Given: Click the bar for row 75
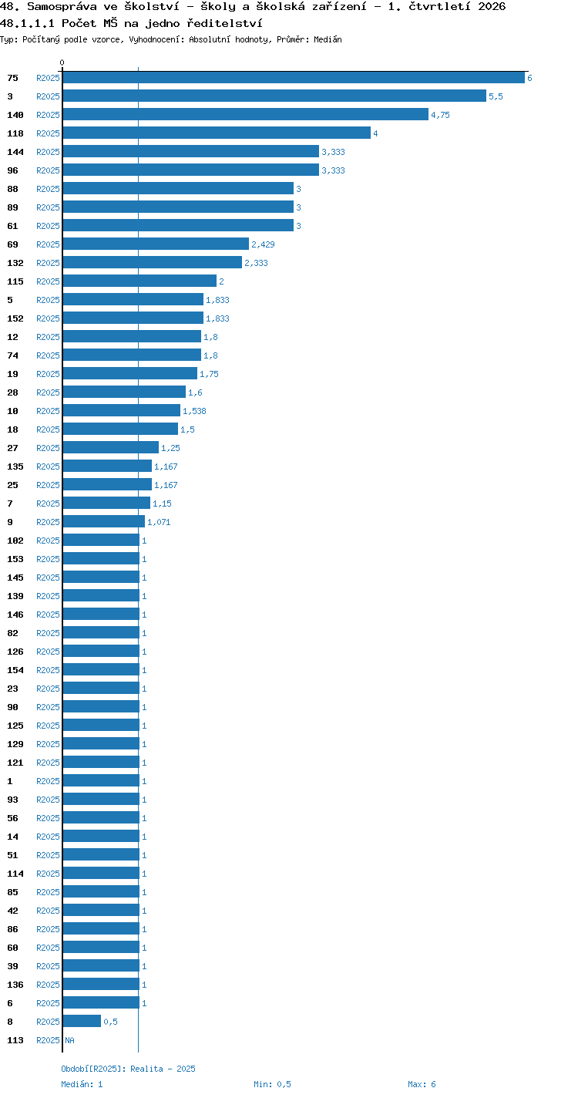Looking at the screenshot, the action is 294,77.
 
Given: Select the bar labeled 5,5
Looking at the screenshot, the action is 275,96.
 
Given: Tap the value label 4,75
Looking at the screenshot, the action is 440,115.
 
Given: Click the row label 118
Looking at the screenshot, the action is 15,133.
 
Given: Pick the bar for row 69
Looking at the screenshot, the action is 156,244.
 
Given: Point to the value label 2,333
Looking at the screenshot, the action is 256,263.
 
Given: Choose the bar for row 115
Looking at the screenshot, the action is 139,281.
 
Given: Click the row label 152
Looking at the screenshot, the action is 15,318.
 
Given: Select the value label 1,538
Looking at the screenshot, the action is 194,411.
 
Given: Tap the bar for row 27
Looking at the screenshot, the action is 111,447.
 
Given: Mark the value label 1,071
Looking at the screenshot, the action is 160,522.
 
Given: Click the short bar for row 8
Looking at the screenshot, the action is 82,1021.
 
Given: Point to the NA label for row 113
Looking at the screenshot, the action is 69,1040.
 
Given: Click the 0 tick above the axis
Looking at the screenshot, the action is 62,62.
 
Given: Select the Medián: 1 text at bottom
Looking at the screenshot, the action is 82,1084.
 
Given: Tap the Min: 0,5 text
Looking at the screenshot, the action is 272,1084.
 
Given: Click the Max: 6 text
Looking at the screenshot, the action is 422,1084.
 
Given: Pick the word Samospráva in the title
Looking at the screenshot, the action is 62,6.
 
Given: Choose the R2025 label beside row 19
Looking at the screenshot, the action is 48,374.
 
